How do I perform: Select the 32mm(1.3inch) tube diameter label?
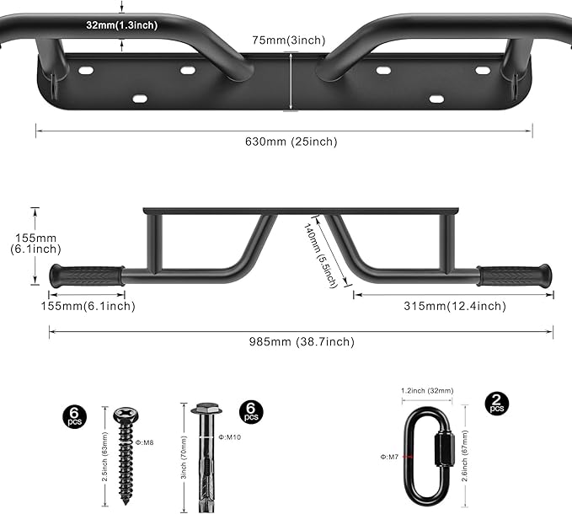click(x=120, y=25)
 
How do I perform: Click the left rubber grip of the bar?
click(x=86, y=276)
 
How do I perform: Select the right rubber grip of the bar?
click(x=515, y=276)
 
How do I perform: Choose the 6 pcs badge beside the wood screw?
click(x=73, y=415)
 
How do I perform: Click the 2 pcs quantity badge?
click(x=497, y=403)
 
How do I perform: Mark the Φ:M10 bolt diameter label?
click(x=231, y=436)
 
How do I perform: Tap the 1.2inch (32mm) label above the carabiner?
click(x=427, y=390)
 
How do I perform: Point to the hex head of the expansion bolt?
click(x=205, y=410)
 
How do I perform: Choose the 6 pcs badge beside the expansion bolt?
click(x=250, y=412)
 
